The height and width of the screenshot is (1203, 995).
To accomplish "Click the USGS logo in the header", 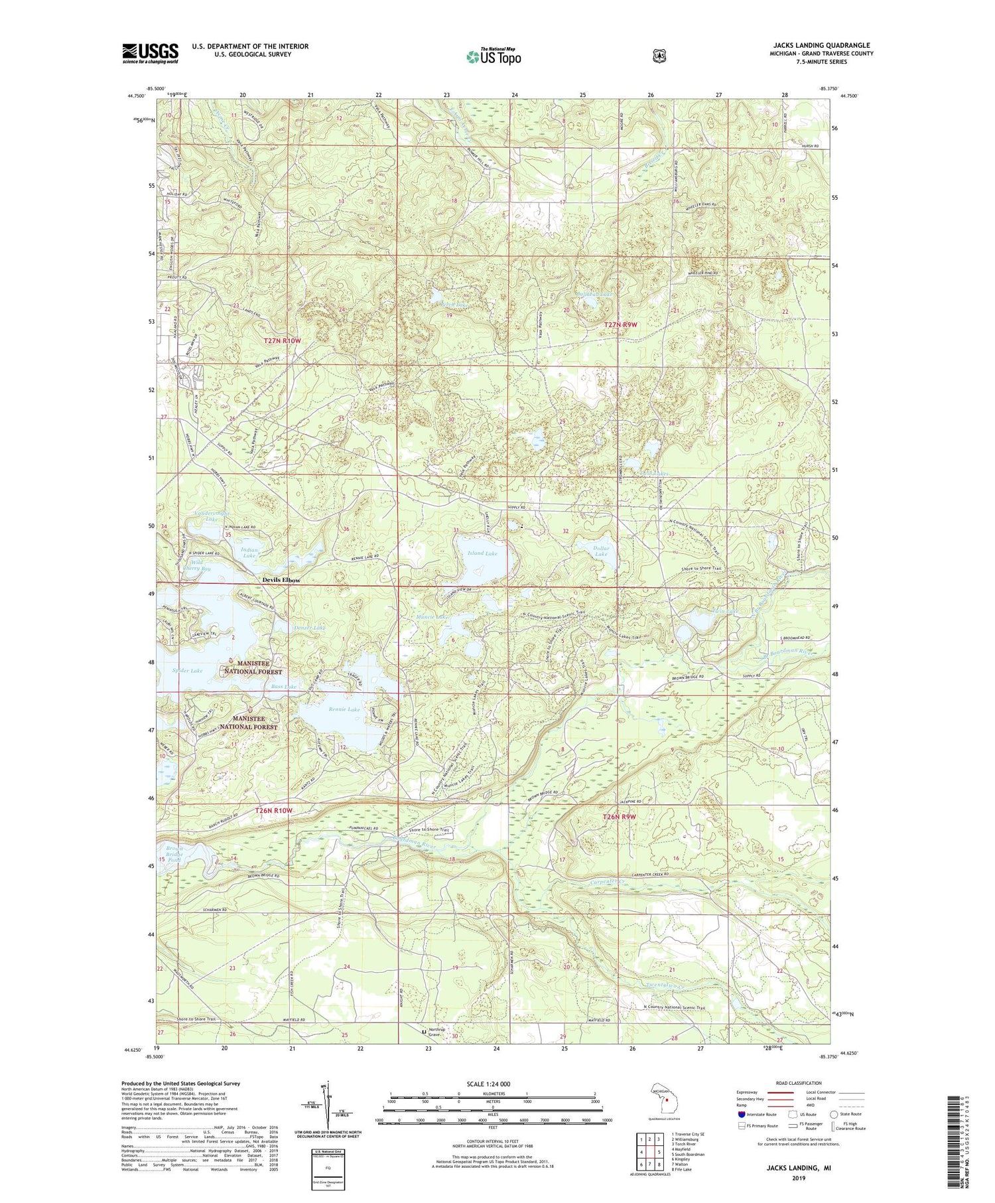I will pyautogui.click(x=150, y=53).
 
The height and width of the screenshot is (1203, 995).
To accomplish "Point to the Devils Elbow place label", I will pyautogui.click(x=281, y=580).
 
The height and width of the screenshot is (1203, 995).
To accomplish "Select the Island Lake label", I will pyautogui.click(x=482, y=553).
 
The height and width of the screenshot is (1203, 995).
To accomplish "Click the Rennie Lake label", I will pyautogui.click(x=344, y=709).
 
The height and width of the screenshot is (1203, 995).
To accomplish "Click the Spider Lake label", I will pyautogui.click(x=188, y=671).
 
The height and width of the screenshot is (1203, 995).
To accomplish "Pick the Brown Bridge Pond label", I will pyautogui.click(x=174, y=854).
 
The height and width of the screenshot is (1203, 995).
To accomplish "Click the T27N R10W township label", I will pyautogui.click(x=282, y=340).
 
